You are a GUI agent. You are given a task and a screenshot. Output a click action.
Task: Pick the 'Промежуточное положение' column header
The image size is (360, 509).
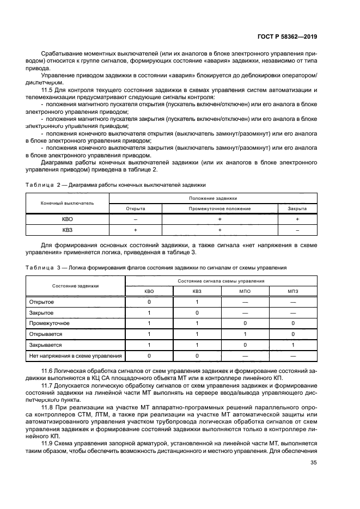[219, 208]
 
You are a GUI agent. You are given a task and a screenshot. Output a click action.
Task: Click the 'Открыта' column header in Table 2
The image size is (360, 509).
[135, 208]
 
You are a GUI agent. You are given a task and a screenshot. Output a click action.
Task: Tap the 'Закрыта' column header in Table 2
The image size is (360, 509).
[297, 208]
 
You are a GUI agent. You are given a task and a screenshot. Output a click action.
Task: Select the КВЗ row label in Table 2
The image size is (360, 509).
[67, 230]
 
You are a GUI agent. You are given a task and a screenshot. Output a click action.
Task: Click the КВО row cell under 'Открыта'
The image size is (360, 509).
[135, 219]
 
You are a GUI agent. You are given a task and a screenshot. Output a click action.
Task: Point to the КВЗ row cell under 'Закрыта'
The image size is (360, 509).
[297, 230]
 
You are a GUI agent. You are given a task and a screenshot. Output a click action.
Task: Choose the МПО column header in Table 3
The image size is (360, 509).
[245, 291]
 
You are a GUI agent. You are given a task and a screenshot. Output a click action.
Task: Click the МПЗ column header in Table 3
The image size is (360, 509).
[293, 291]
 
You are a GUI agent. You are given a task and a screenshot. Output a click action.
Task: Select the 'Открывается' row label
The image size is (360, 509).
[46, 334]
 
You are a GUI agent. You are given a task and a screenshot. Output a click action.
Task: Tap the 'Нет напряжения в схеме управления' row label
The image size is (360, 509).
[75, 356]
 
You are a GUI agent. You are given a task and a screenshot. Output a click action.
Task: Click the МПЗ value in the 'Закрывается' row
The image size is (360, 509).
[293, 345]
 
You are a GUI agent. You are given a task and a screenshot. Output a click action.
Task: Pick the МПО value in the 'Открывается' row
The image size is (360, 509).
[245, 334]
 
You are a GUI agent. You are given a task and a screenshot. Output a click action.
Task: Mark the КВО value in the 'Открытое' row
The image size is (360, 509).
[149, 302]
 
